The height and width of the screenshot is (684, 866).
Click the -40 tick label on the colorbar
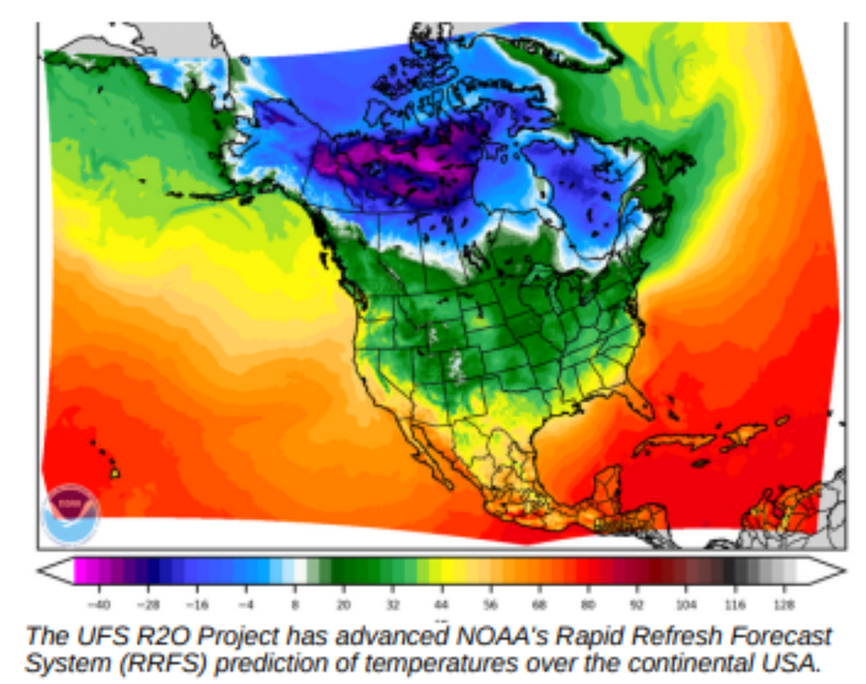99,605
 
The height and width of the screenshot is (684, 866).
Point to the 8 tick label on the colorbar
295,605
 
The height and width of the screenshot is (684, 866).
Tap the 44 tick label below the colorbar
441,605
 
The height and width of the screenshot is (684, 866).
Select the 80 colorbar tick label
588,605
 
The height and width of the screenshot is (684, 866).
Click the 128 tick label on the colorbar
784,605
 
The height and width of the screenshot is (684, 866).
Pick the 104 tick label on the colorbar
686,605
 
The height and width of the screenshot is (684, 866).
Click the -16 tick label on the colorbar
197,605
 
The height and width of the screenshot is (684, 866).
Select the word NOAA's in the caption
503,636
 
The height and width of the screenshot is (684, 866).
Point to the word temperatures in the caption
441,663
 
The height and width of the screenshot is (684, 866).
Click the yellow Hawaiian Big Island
115,472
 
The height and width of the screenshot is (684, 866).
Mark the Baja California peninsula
428,453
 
